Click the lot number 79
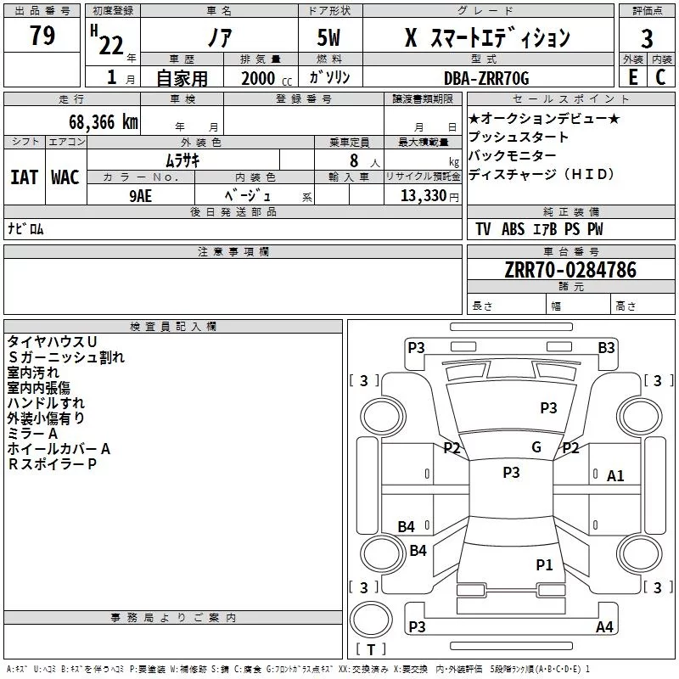[x=42, y=35]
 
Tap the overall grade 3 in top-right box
[x=647, y=38]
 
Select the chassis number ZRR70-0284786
[x=570, y=270]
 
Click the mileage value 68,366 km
[x=104, y=122]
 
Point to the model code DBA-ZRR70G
[x=486, y=78]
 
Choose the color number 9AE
[x=141, y=196]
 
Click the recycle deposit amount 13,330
[x=423, y=195]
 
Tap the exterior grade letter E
[x=632, y=77]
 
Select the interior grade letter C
[x=660, y=77]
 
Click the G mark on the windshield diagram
[x=536, y=446]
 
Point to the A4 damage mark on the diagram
[x=604, y=626]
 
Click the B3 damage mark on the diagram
[x=606, y=348]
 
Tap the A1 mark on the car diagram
[x=615, y=476]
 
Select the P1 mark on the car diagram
[x=544, y=564]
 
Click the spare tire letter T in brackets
[x=371, y=649]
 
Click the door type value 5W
[x=328, y=37]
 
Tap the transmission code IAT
[x=25, y=177]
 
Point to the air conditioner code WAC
[x=65, y=177]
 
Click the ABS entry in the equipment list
[x=513, y=228]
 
